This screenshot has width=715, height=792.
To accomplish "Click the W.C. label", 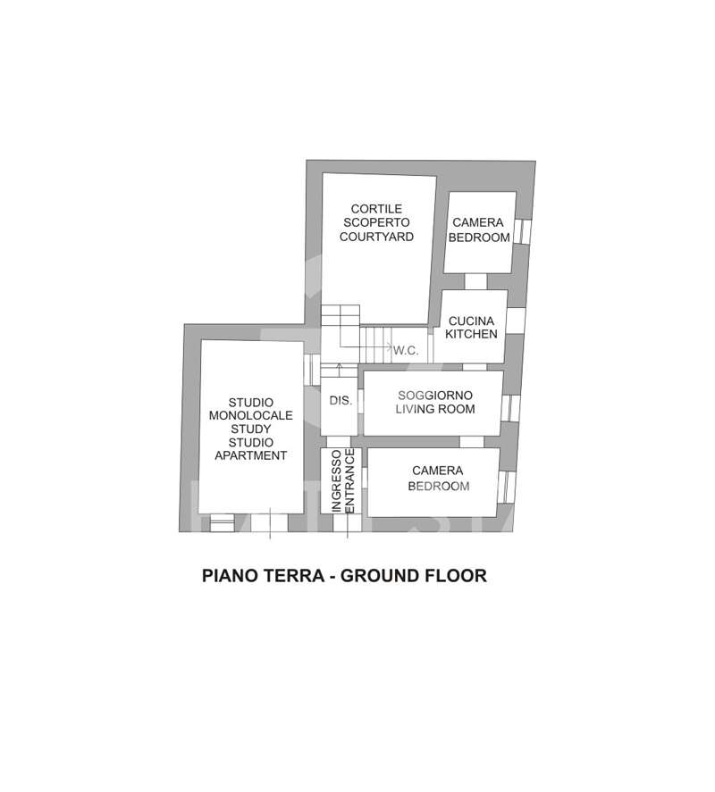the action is click(406, 351).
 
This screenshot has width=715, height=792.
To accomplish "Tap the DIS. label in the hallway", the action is click(341, 401).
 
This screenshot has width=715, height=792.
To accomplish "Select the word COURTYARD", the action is click(376, 237).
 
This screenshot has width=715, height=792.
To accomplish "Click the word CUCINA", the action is click(471, 321).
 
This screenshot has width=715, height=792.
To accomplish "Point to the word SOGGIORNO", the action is click(435, 396).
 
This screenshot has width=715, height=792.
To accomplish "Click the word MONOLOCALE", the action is click(251, 415).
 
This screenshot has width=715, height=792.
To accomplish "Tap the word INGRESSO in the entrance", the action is click(336, 481).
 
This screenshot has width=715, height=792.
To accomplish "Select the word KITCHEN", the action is click(471, 334).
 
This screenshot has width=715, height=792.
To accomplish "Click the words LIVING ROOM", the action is click(435, 409).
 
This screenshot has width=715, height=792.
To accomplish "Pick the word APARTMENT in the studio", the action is click(251, 455).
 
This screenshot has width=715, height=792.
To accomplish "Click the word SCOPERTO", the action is click(376, 222).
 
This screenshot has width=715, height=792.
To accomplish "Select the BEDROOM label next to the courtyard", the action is click(479, 238).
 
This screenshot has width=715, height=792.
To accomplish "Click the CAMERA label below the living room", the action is click(437, 471).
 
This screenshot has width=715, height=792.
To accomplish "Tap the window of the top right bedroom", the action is click(522, 231).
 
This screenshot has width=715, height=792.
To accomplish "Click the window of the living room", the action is click(510, 408).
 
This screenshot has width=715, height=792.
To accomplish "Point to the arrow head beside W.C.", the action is click(390, 347).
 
